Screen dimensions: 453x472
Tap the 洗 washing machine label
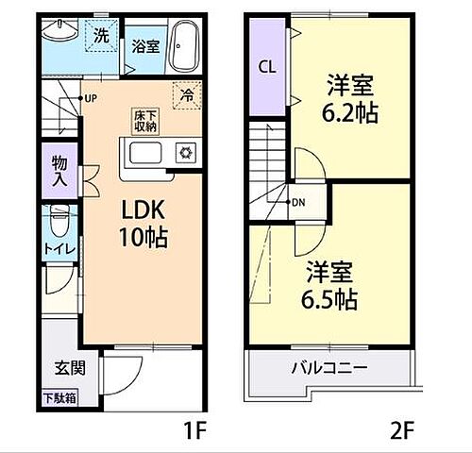coord(100,37)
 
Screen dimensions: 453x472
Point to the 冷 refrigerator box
coord(186,95)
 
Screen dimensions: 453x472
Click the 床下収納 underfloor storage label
coord(143,119)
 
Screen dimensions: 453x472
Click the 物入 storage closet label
coord(59,170)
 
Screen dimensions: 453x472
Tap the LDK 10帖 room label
coord(142,224)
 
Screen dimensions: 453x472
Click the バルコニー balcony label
coord(329,367)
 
